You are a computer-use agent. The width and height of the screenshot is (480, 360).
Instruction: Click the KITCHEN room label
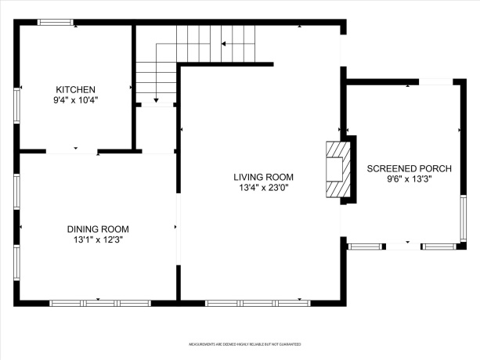(x=75, y=89)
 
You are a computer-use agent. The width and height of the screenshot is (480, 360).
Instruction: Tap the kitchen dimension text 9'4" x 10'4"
(x=75, y=100)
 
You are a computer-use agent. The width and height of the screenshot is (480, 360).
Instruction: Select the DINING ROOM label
(x=97, y=229)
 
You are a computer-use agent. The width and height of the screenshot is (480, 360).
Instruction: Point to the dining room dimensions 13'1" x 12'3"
(x=97, y=239)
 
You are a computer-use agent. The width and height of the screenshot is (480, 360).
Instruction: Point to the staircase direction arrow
(x=156, y=100)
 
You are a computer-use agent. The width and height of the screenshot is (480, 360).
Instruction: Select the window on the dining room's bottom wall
(x=100, y=303)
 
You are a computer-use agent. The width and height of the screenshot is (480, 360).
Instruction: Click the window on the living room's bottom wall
(x=258, y=303)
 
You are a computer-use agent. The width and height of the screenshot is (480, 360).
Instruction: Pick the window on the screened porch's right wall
(x=463, y=217)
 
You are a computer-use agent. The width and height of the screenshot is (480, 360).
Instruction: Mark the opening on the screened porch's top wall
(x=435, y=81)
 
